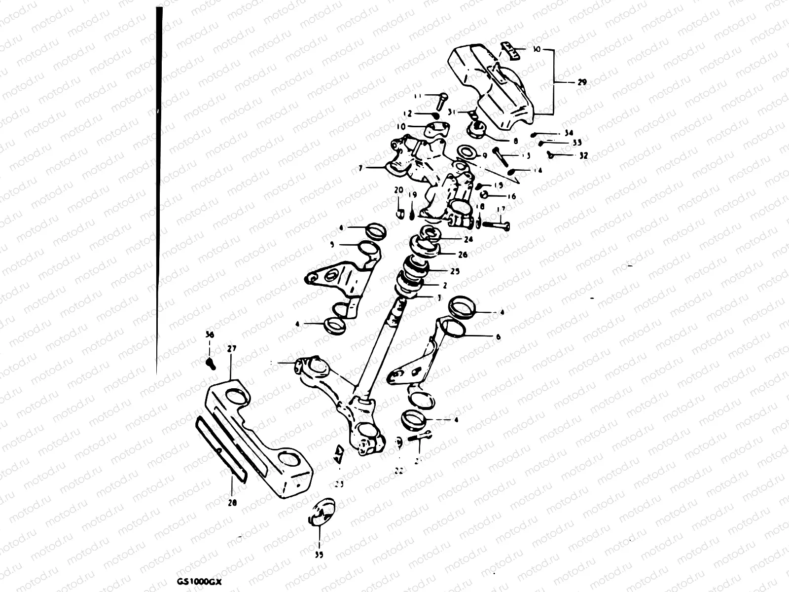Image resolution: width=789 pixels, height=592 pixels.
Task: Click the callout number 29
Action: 581,83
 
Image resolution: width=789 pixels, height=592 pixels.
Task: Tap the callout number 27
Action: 231,348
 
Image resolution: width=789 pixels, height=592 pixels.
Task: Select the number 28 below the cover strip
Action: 232,503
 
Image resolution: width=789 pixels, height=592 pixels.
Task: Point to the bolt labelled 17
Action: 493,224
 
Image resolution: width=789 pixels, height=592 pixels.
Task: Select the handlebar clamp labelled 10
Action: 435,129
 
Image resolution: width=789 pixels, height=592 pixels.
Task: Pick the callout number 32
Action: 583,155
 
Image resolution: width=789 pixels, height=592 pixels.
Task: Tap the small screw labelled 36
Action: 211,364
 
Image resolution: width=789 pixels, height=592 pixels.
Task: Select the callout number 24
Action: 468,239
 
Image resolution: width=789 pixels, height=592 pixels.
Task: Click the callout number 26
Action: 463,255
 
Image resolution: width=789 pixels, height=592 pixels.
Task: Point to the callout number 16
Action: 511,196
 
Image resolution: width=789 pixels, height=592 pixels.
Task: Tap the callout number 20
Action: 398,189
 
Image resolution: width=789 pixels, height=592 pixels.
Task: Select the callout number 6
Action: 498,337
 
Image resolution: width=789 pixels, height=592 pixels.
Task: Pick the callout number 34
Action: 569,134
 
